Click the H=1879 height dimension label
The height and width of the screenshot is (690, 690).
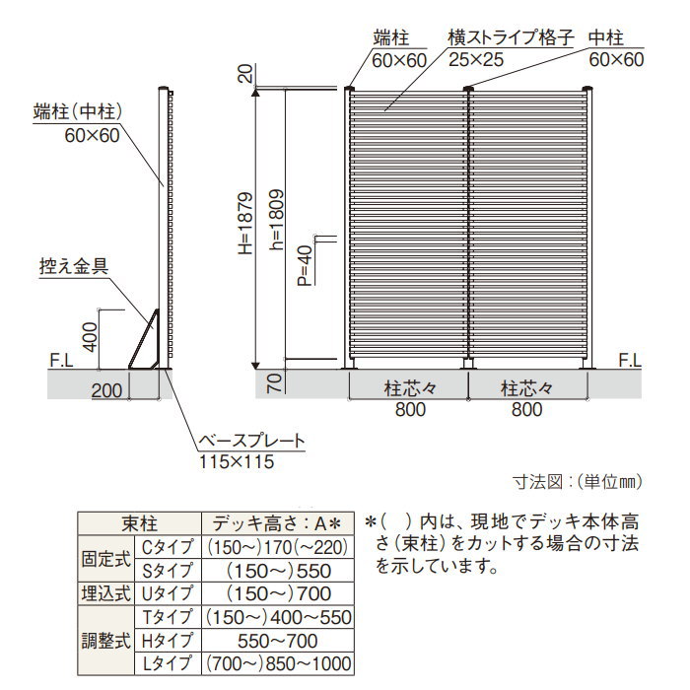coord(245,223)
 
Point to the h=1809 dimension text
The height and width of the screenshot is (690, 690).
coord(276,220)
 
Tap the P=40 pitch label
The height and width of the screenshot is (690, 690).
coord(305,265)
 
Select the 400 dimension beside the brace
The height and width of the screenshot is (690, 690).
coord(91,337)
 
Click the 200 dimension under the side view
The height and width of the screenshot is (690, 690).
coord(106,390)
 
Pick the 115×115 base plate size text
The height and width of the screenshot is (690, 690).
coord(237,462)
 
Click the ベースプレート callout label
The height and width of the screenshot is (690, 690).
coord(251,441)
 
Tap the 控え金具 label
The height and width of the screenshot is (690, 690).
coord(74,266)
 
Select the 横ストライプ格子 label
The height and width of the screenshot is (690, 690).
coord(511,37)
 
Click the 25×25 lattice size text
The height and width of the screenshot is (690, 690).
coord(476,60)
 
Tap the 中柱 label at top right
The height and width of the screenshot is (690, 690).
coord(605,37)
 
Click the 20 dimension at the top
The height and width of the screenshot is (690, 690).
coord(245,74)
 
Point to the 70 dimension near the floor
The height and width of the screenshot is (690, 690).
coord(274,382)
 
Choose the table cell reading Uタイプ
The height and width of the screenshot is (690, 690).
coord(168,594)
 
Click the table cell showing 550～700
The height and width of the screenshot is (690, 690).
coord(278,641)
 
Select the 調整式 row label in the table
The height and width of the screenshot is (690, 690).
coord(106,641)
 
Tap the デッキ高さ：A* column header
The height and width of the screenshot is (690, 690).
coord(277,523)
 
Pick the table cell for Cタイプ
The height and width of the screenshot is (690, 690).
coord(168,547)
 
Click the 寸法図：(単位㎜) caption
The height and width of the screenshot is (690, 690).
coord(578,482)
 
